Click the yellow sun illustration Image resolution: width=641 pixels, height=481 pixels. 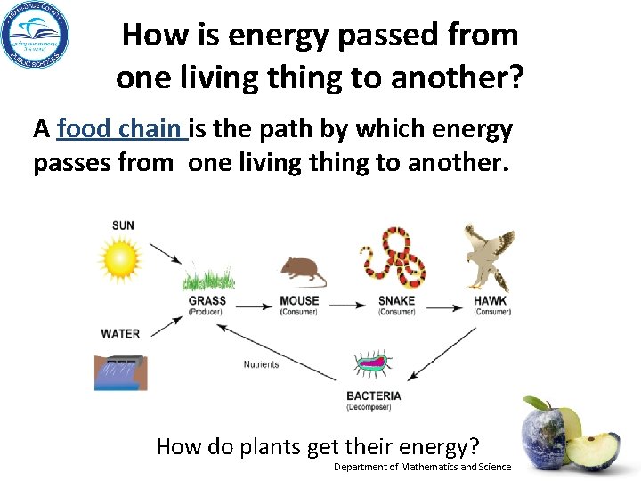tap(120, 260)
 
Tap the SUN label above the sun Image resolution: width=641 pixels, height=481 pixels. tap(123, 225)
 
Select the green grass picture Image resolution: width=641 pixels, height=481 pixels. tap(208, 277)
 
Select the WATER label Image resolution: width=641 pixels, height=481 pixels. tap(120, 334)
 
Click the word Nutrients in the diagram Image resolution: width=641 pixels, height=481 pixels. tap(261, 364)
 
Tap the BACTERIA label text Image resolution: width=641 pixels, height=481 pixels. tap(374, 395)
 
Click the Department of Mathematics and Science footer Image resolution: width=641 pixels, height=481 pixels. tap(422, 467)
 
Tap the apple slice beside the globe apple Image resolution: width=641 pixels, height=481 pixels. tap(593, 450)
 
